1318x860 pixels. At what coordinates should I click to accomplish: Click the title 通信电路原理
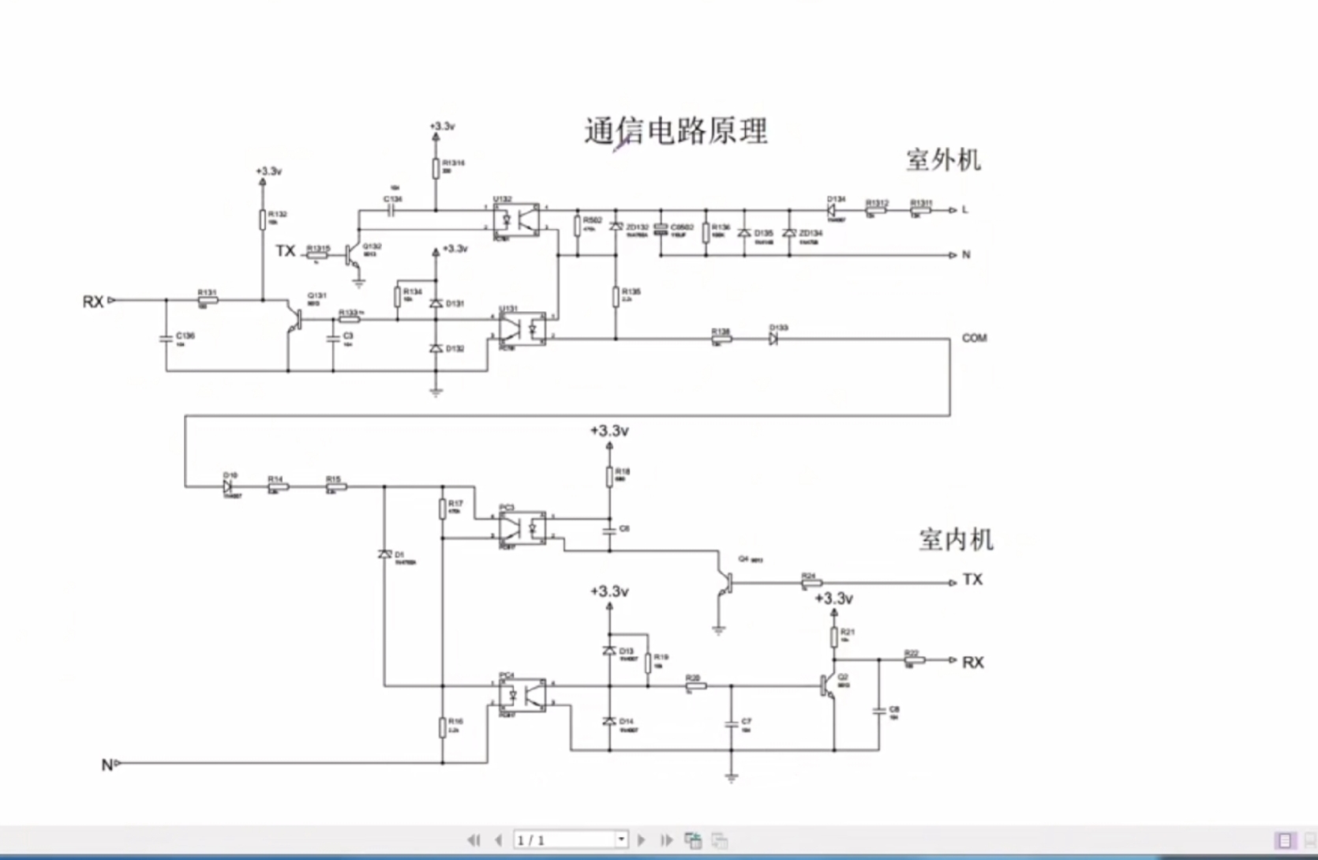676,132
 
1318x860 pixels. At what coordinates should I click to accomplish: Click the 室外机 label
942,160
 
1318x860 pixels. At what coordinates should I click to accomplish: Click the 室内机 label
955,540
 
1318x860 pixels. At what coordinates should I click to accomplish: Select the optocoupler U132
517,220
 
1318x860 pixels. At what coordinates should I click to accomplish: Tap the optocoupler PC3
522,528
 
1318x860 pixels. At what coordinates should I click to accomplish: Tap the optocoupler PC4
522,694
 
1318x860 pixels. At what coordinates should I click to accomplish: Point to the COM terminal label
974,338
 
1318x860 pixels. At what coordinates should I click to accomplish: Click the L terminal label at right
964,210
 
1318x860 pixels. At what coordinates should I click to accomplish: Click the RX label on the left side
93,302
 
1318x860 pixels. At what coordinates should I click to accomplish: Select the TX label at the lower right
972,580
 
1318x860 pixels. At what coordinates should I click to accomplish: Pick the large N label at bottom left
107,764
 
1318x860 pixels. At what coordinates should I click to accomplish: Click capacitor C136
166,338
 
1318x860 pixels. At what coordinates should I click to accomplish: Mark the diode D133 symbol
773,339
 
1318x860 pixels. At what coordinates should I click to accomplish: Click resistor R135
616,297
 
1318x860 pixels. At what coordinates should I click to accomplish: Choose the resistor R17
443,509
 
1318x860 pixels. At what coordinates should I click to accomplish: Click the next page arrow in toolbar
641,839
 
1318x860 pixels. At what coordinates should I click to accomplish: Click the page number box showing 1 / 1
564,839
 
